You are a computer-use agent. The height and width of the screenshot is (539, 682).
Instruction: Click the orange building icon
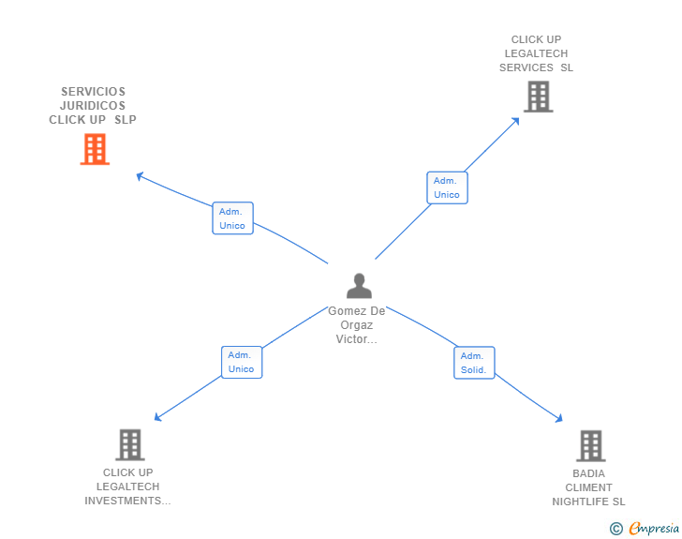click(x=95, y=149)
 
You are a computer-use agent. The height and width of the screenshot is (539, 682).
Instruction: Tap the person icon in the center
click(x=359, y=286)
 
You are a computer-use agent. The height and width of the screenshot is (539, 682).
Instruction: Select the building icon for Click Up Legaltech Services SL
click(x=538, y=97)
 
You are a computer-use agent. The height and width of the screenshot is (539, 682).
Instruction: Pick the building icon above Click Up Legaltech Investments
click(x=130, y=444)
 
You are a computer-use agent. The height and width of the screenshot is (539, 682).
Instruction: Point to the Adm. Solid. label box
click(x=474, y=363)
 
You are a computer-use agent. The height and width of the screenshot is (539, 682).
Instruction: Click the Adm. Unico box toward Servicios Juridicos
click(x=232, y=218)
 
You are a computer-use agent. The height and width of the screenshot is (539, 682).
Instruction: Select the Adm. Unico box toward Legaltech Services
click(x=447, y=187)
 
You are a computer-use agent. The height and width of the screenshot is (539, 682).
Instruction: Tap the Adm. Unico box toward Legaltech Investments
click(x=242, y=362)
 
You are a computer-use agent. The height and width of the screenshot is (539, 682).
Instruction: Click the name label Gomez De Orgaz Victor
click(x=357, y=325)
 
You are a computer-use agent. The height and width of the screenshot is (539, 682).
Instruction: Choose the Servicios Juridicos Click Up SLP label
click(x=93, y=106)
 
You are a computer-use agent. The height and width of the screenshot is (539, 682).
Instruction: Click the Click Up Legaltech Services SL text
click(x=537, y=53)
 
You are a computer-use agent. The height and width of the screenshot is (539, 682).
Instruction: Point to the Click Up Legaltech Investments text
click(x=128, y=487)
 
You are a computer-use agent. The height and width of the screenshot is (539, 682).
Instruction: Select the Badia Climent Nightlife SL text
click(x=589, y=487)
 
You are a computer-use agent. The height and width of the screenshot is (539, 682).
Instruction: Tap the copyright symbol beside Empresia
click(x=616, y=529)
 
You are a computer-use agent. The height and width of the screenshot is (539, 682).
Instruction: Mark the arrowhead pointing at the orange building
click(x=140, y=175)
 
